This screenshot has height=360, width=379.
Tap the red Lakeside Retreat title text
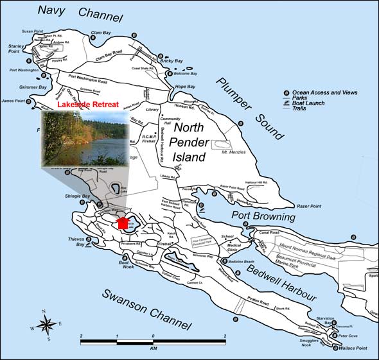click(85, 104)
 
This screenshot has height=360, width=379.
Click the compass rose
click(46, 324)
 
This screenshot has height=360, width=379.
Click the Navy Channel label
click(76, 11)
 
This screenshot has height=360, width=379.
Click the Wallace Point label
click(353, 348)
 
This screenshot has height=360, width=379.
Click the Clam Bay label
click(101, 32)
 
